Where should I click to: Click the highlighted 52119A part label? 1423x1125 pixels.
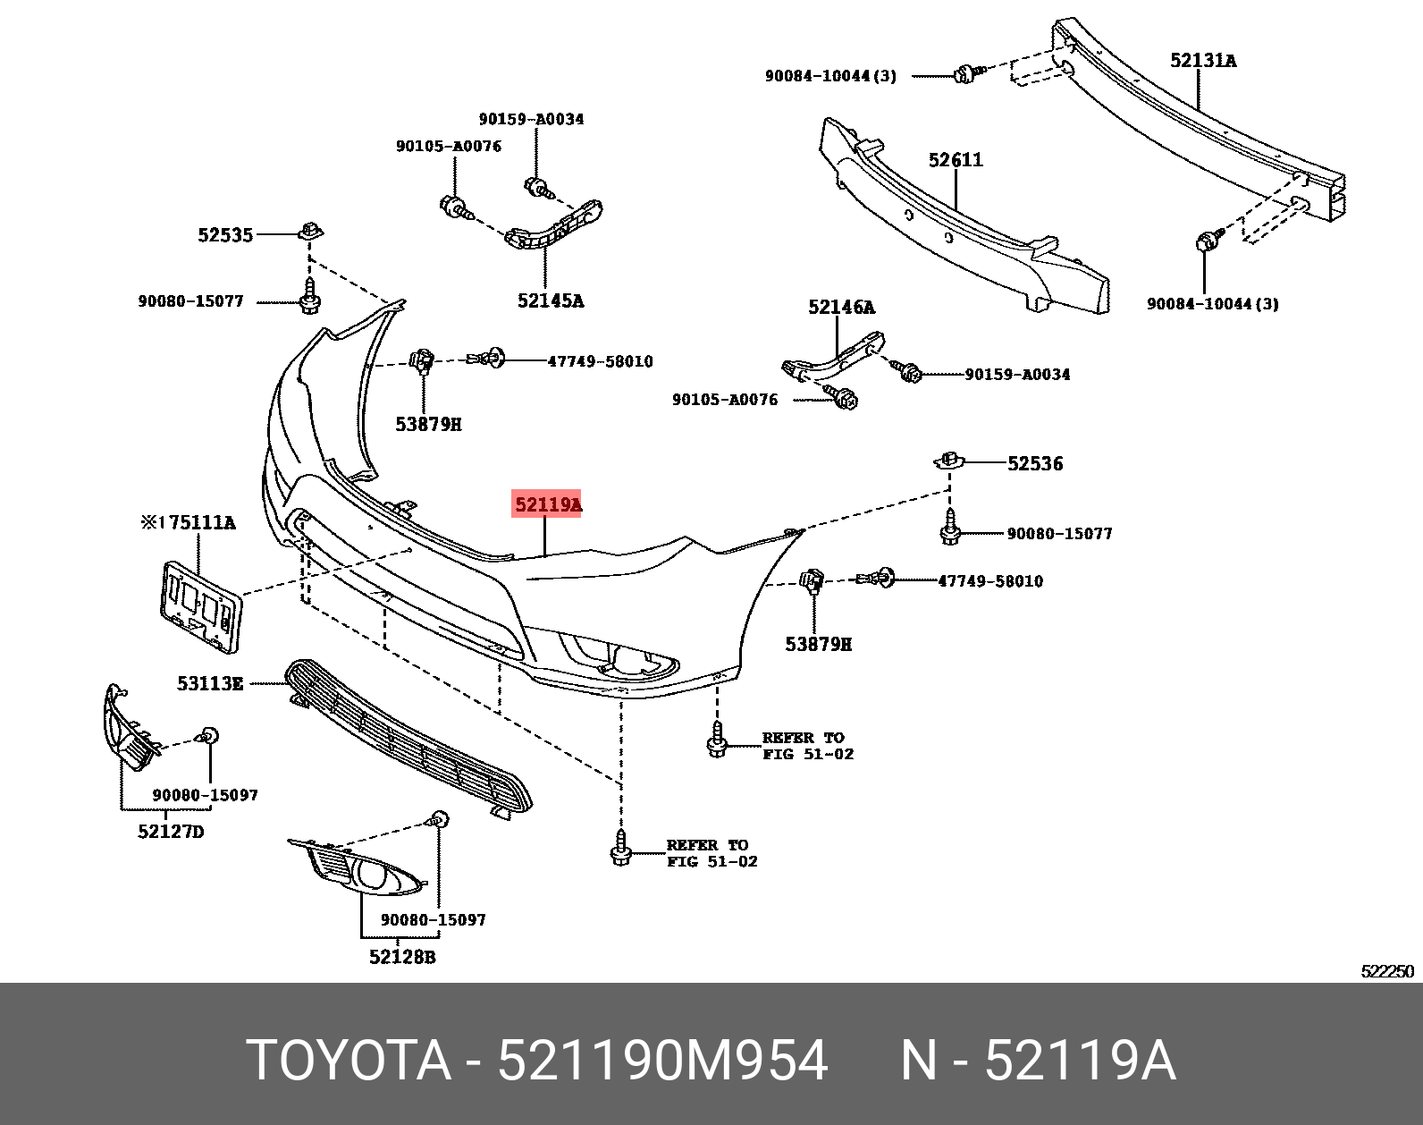tap(547, 504)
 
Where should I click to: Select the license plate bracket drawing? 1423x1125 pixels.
tap(200, 605)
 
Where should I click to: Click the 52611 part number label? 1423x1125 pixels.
tap(956, 160)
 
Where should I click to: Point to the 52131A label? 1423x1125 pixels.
tap(1202, 61)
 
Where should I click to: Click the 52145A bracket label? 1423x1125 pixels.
tap(550, 301)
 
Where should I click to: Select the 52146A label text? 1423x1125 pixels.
tap(841, 308)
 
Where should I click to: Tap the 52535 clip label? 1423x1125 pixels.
tap(225, 235)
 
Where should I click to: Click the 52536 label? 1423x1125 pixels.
tap(1035, 463)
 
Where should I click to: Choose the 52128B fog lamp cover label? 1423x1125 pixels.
tap(402, 957)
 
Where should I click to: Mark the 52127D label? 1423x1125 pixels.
tap(171, 832)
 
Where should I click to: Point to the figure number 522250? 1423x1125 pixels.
tap(1387, 972)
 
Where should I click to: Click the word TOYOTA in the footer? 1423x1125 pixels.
tap(349, 1061)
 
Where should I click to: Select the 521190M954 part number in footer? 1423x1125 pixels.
tap(662, 1061)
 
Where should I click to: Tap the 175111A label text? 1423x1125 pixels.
tap(189, 522)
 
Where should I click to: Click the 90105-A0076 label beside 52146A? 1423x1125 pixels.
tap(725, 400)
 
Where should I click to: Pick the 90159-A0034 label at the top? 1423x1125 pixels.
tap(531, 119)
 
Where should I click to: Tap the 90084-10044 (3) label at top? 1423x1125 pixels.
tap(830, 76)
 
